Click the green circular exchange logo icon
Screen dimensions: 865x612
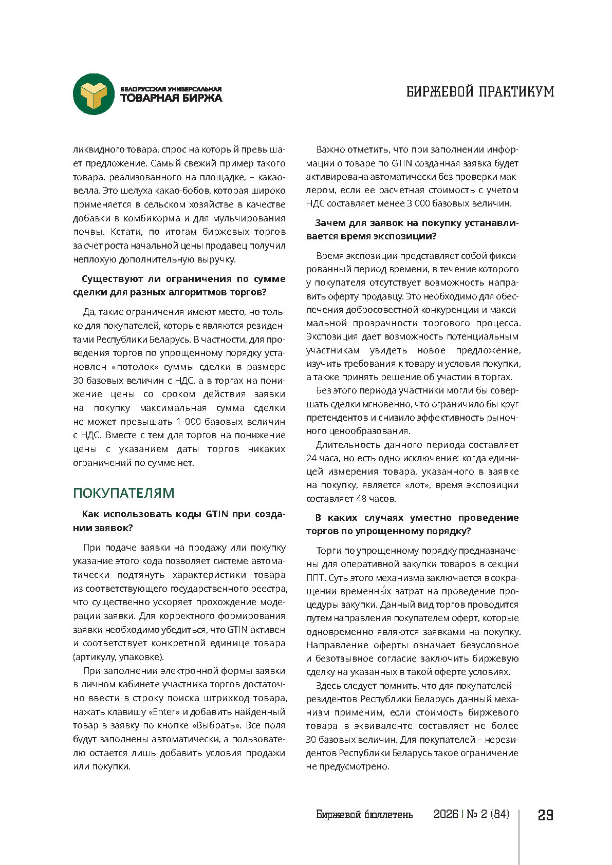(94, 94)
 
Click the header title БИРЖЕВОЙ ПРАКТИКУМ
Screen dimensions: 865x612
(480, 92)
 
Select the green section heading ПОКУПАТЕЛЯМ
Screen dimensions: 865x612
(124, 493)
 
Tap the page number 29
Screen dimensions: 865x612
(546, 815)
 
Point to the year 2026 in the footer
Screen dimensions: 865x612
(446, 815)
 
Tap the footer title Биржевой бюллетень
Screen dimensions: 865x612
(364, 815)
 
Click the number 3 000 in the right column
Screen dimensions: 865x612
(420, 203)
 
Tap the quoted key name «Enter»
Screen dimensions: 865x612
(164, 712)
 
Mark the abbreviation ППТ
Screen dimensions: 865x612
(316, 577)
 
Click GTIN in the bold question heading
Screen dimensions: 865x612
(217, 514)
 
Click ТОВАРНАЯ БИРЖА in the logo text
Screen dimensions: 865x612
(171, 98)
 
